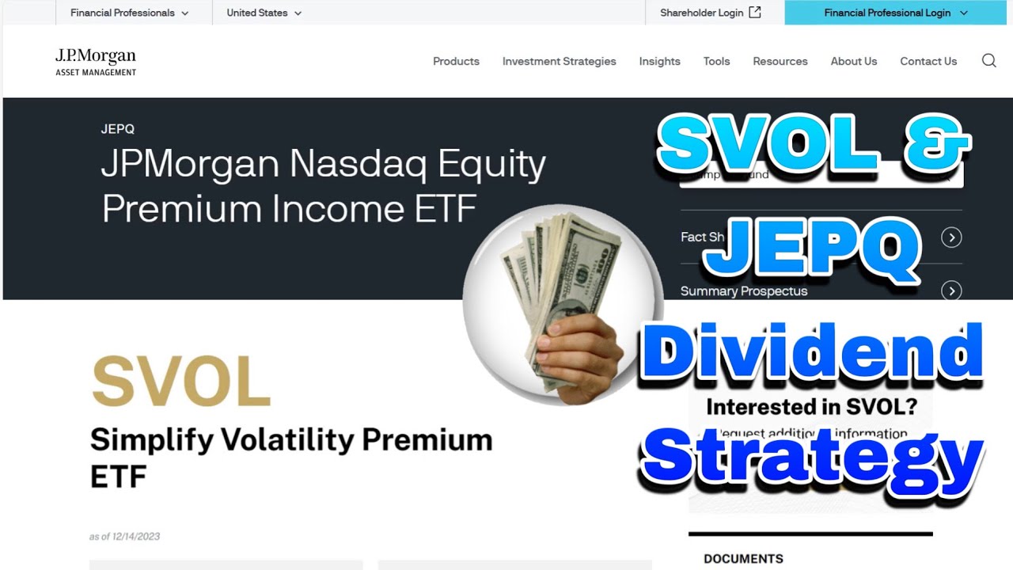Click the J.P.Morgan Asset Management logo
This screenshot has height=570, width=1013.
[x=96, y=62]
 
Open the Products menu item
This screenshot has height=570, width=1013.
[x=456, y=61]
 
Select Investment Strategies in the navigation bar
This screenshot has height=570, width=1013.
[x=559, y=61]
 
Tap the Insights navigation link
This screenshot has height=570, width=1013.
[x=659, y=61]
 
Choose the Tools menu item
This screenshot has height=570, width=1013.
[x=716, y=61]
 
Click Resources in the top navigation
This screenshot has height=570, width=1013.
[x=780, y=61]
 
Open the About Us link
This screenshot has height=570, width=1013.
[x=853, y=61]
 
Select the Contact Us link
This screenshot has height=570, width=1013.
[x=928, y=61]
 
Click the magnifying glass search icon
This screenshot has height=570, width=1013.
[x=988, y=61]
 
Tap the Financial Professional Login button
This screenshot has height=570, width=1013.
[x=895, y=13]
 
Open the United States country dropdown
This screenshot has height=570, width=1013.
[x=264, y=13]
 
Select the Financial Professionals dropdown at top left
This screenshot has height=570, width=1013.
[x=129, y=13]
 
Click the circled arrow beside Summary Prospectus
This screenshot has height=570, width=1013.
[x=951, y=291]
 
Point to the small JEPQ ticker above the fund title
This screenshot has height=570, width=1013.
[x=117, y=129]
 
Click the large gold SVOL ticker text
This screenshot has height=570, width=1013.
[x=181, y=381]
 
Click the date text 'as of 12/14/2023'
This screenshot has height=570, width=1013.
[x=124, y=537]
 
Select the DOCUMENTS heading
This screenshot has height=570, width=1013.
[x=743, y=559]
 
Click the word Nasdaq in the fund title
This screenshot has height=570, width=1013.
[x=359, y=164]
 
